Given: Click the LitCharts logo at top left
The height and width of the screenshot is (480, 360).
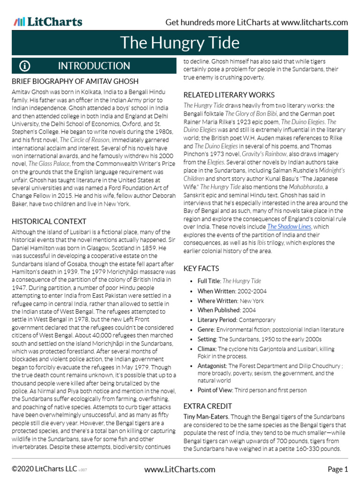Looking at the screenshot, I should [x=48, y=22].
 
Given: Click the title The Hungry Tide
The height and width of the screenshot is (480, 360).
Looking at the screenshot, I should [x=180, y=43].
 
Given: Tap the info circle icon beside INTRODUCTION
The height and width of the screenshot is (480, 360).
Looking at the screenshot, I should [x=24, y=66].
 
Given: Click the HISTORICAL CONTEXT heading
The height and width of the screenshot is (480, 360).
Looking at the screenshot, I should [x=49, y=221].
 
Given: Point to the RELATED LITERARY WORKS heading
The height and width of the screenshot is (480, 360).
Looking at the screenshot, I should [x=229, y=95].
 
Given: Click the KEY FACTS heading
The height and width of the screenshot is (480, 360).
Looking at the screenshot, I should [x=201, y=269].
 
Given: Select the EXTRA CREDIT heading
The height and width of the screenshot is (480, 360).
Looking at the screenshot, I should [x=208, y=406].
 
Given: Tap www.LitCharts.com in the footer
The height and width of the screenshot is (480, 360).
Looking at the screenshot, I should [x=180, y=469].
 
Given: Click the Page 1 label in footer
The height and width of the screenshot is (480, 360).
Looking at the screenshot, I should [x=337, y=469].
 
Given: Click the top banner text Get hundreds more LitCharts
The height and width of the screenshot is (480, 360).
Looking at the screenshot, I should [x=256, y=22].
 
